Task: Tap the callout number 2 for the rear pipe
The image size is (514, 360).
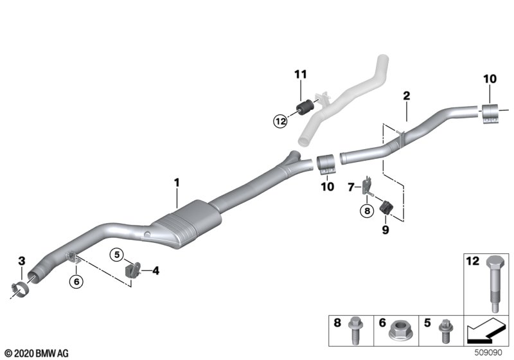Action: click(x=406, y=96)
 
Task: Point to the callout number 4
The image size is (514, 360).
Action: click(x=155, y=271)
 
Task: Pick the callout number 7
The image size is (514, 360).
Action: click(x=351, y=188)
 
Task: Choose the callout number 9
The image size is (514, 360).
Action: click(x=385, y=227)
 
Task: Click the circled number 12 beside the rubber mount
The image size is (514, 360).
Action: click(x=279, y=119)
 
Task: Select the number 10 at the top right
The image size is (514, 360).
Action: click(x=491, y=79)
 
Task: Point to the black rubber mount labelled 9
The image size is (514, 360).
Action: click(x=387, y=208)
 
